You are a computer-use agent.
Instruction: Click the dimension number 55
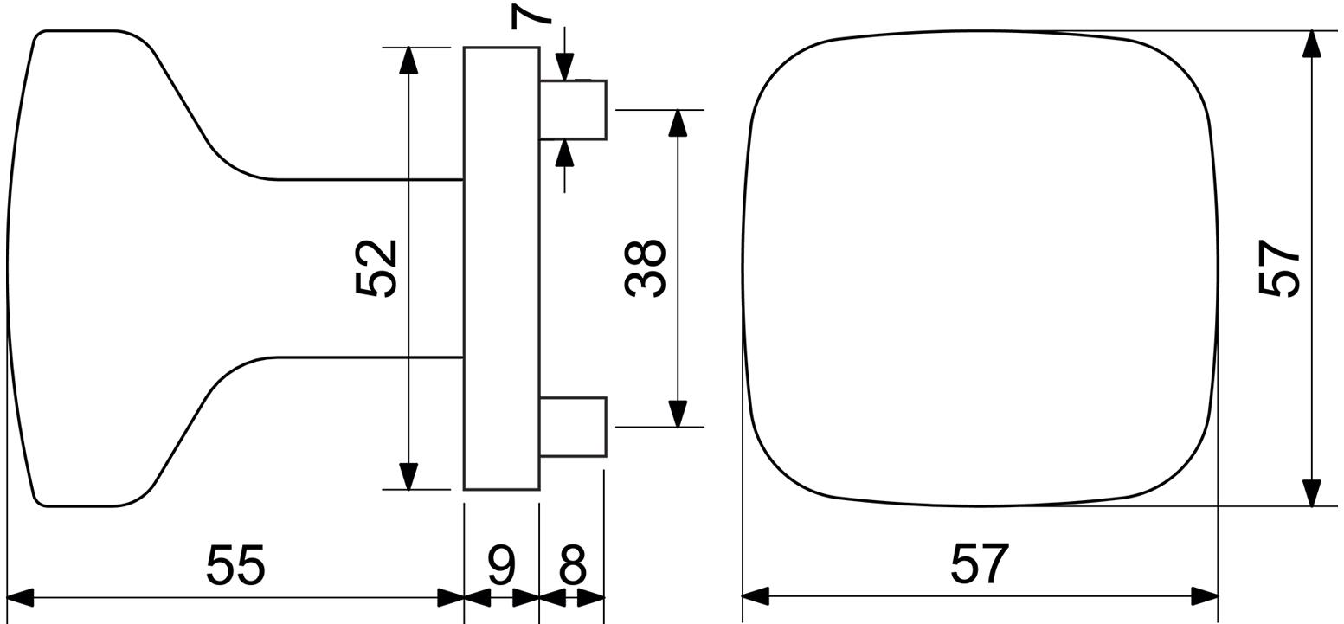[x=235, y=565]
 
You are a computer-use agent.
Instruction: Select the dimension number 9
[x=502, y=565]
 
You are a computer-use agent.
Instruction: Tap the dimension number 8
[x=572, y=565]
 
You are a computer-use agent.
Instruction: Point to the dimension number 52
[x=376, y=268]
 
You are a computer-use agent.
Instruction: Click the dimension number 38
[x=645, y=268]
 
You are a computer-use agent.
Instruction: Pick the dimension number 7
[x=531, y=16]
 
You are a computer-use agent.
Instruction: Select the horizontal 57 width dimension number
[x=980, y=564]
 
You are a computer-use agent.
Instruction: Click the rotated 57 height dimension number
[x=1278, y=268]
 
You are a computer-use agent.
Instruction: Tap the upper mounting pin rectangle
[x=573, y=110]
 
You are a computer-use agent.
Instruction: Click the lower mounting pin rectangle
[x=573, y=427]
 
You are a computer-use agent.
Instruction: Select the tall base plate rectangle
[x=502, y=268]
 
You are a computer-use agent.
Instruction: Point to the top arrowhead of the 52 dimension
[x=408, y=60]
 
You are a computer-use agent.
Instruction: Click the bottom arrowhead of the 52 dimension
[x=408, y=476]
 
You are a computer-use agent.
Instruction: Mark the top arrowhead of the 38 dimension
[x=678, y=123]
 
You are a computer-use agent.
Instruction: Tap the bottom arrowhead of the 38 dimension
[x=678, y=414]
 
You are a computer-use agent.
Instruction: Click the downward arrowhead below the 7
[x=564, y=67]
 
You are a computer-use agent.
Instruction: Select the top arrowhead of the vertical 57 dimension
[x=1312, y=44]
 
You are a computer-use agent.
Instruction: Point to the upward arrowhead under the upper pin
[x=564, y=153]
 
